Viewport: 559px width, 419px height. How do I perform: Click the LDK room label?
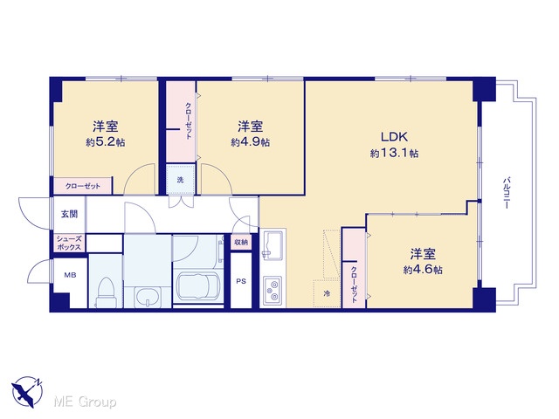394,137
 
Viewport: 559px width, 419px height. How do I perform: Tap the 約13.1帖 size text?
394,154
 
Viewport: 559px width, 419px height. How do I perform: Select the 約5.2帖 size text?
105,142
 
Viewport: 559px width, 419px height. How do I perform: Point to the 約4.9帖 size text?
251,142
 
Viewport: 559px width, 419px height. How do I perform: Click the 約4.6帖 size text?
423,270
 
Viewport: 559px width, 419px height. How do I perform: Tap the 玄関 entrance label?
69,214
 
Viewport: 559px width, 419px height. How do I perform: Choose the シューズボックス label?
69,243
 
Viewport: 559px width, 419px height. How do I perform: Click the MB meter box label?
70,275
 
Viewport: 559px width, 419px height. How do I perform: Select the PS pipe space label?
241,281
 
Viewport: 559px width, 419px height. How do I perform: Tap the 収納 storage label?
241,243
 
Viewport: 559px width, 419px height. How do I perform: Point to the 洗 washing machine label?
181,180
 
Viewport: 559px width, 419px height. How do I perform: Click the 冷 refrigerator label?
327,294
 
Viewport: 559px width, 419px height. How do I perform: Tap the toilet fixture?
106,292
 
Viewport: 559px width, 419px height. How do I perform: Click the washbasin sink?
148,297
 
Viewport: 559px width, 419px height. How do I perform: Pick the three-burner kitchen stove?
273,291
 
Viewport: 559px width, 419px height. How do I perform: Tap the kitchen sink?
273,244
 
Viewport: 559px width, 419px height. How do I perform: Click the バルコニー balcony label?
507,193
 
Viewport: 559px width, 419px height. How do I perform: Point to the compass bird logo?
27,392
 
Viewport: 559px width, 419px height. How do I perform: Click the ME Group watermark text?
85,402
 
